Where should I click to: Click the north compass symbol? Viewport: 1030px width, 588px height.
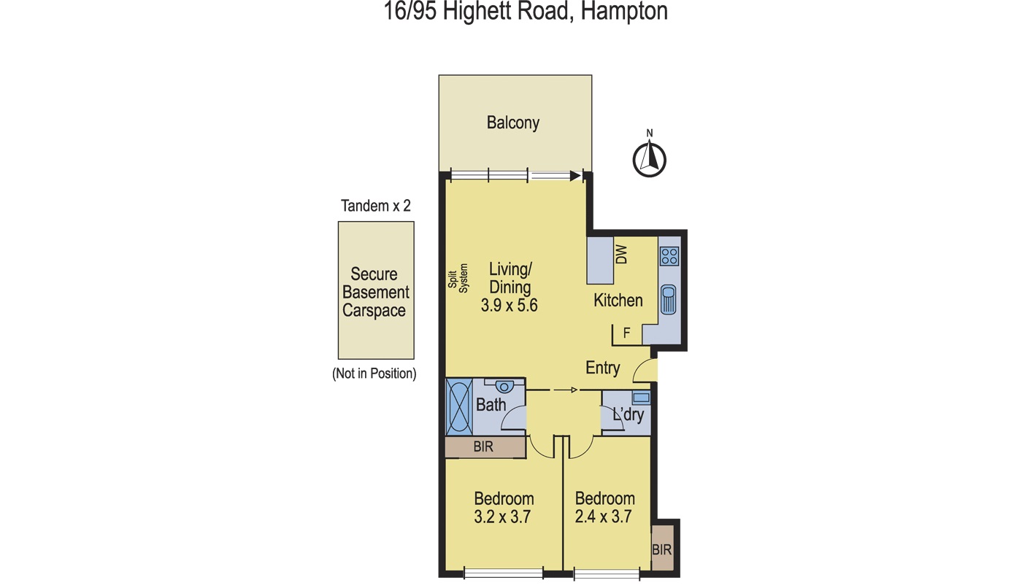[x=648, y=158]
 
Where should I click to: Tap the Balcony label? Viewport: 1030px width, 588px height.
[x=512, y=123]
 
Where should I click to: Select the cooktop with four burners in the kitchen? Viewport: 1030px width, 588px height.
[x=669, y=256]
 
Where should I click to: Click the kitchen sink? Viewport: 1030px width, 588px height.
[x=669, y=300]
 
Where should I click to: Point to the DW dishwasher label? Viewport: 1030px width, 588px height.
[x=622, y=255]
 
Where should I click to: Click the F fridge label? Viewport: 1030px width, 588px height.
[x=626, y=333]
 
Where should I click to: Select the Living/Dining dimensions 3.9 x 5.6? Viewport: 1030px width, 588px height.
[x=509, y=306]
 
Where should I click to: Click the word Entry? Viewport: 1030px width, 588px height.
[x=602, y=368]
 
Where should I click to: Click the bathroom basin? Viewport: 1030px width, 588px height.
[x=504, y=387]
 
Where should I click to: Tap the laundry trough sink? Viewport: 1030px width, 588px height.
[x=641, y=398]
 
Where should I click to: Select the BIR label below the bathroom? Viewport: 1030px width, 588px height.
[x=483, y=447]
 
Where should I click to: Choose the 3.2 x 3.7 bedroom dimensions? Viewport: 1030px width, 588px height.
[x=503, y=517]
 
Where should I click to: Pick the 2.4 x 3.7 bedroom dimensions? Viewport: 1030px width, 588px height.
[x=604, y=517]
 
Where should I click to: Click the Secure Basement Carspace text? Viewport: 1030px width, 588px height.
[x=374, y=292]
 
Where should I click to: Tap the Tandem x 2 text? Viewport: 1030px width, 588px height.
[x=375, y=206]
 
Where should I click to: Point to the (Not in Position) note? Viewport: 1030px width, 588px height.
[x=374, y=374]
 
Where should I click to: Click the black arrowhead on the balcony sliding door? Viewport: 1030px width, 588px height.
[x=575, y=176]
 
